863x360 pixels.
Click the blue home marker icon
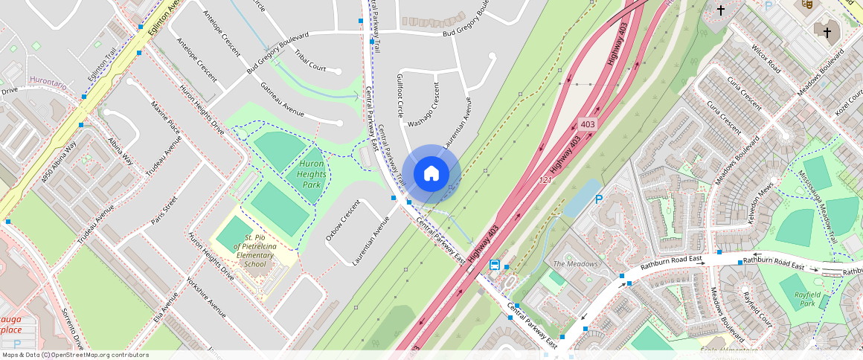[x=431, y=174]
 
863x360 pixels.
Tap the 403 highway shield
[x=588, y=124]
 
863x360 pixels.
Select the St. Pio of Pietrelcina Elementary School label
[x=255, y=250]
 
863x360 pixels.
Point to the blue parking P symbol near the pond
[x=599, y=199]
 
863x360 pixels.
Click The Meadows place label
[x=575, y=264]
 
